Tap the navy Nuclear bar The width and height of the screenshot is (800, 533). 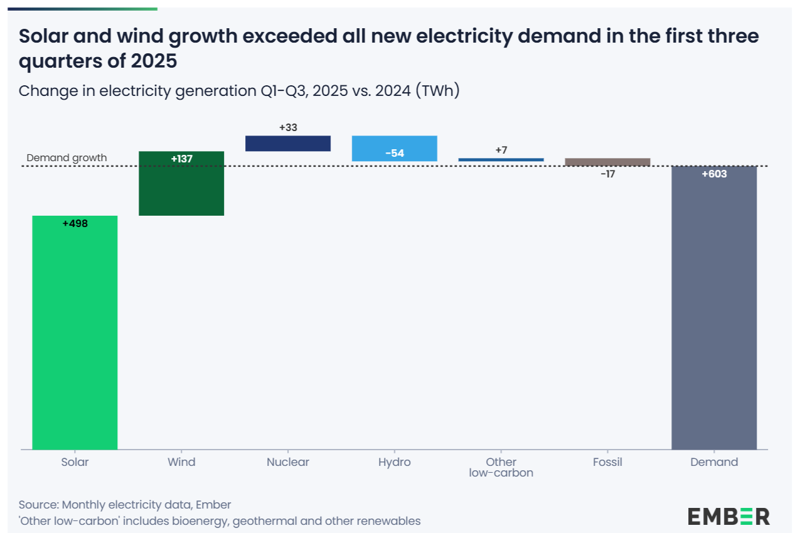(287, 144)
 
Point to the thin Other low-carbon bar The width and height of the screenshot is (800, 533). (501, 160)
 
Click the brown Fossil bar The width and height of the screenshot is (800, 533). (607, 162)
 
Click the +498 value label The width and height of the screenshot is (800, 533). (75, 223)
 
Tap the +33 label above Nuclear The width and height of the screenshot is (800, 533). (288, 127)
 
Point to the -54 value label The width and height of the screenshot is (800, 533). (394, 153)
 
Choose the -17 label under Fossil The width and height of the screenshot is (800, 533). (607, 174)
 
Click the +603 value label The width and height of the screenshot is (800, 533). (714, 174)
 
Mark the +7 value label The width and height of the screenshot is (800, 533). (501, 150)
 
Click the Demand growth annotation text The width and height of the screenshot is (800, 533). (67, 158)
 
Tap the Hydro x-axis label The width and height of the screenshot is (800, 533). (394, 462)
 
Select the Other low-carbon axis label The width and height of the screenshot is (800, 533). (501, 467)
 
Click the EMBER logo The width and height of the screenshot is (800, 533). (728, 516)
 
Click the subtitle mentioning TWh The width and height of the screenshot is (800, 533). (239, 91)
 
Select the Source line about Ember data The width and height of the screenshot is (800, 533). (125, 505)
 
